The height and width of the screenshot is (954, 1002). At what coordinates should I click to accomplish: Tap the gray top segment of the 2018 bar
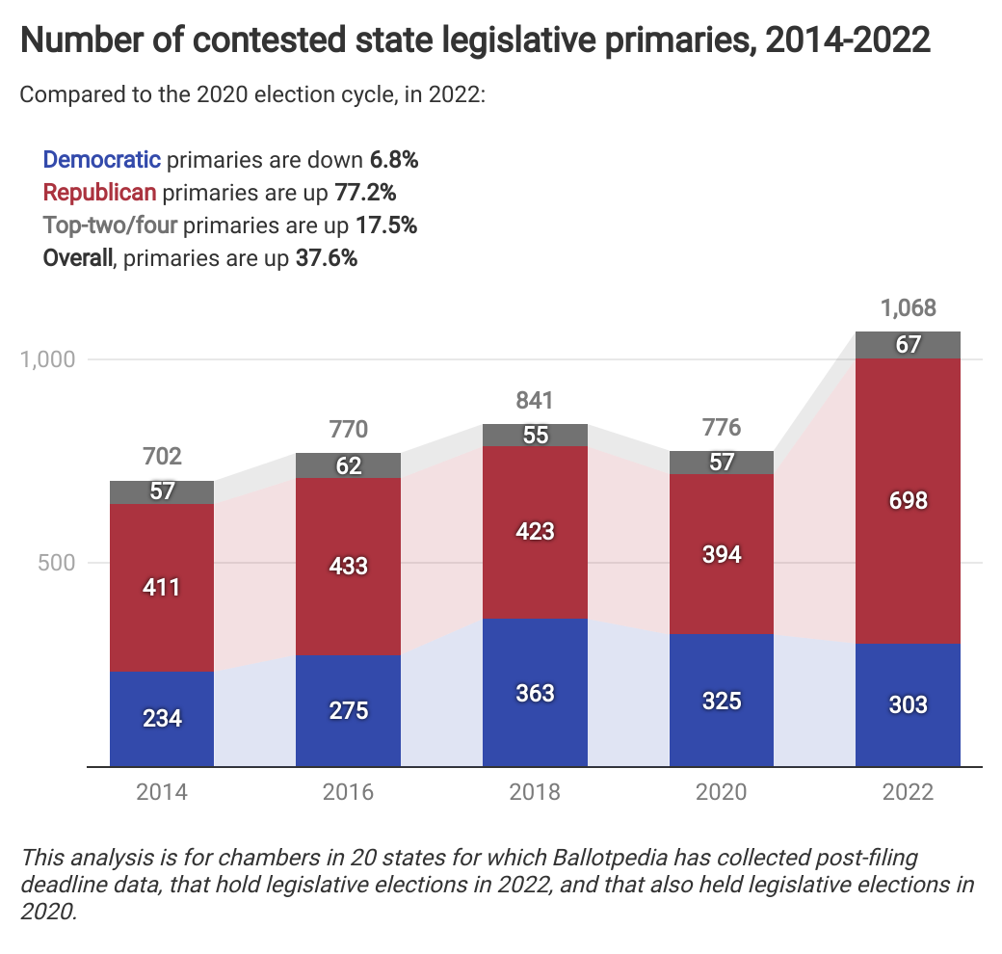point(535,435)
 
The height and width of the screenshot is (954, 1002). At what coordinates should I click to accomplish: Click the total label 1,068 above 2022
point(908,309)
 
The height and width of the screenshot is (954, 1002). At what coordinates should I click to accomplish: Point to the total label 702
point(161,457)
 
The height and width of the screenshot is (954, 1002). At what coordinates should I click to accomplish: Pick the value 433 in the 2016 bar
point(348,566)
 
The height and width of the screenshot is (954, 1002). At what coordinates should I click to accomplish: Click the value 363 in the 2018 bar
point(535,693)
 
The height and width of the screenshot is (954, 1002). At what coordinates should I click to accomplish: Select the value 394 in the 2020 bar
point(722,554)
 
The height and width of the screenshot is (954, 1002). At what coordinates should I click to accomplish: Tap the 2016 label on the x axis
point(348,793)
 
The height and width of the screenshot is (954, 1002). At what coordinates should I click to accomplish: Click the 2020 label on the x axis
point(722,793)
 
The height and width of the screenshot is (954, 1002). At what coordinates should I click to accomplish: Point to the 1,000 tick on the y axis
point(47,359)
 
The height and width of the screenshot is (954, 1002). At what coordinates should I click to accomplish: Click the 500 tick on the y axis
point(56,563)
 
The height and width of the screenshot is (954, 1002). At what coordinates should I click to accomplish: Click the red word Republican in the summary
point(99,193)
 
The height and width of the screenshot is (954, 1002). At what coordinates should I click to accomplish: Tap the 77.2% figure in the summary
point(365,193)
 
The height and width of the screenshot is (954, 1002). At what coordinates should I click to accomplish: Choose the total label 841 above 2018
point(535,401)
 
